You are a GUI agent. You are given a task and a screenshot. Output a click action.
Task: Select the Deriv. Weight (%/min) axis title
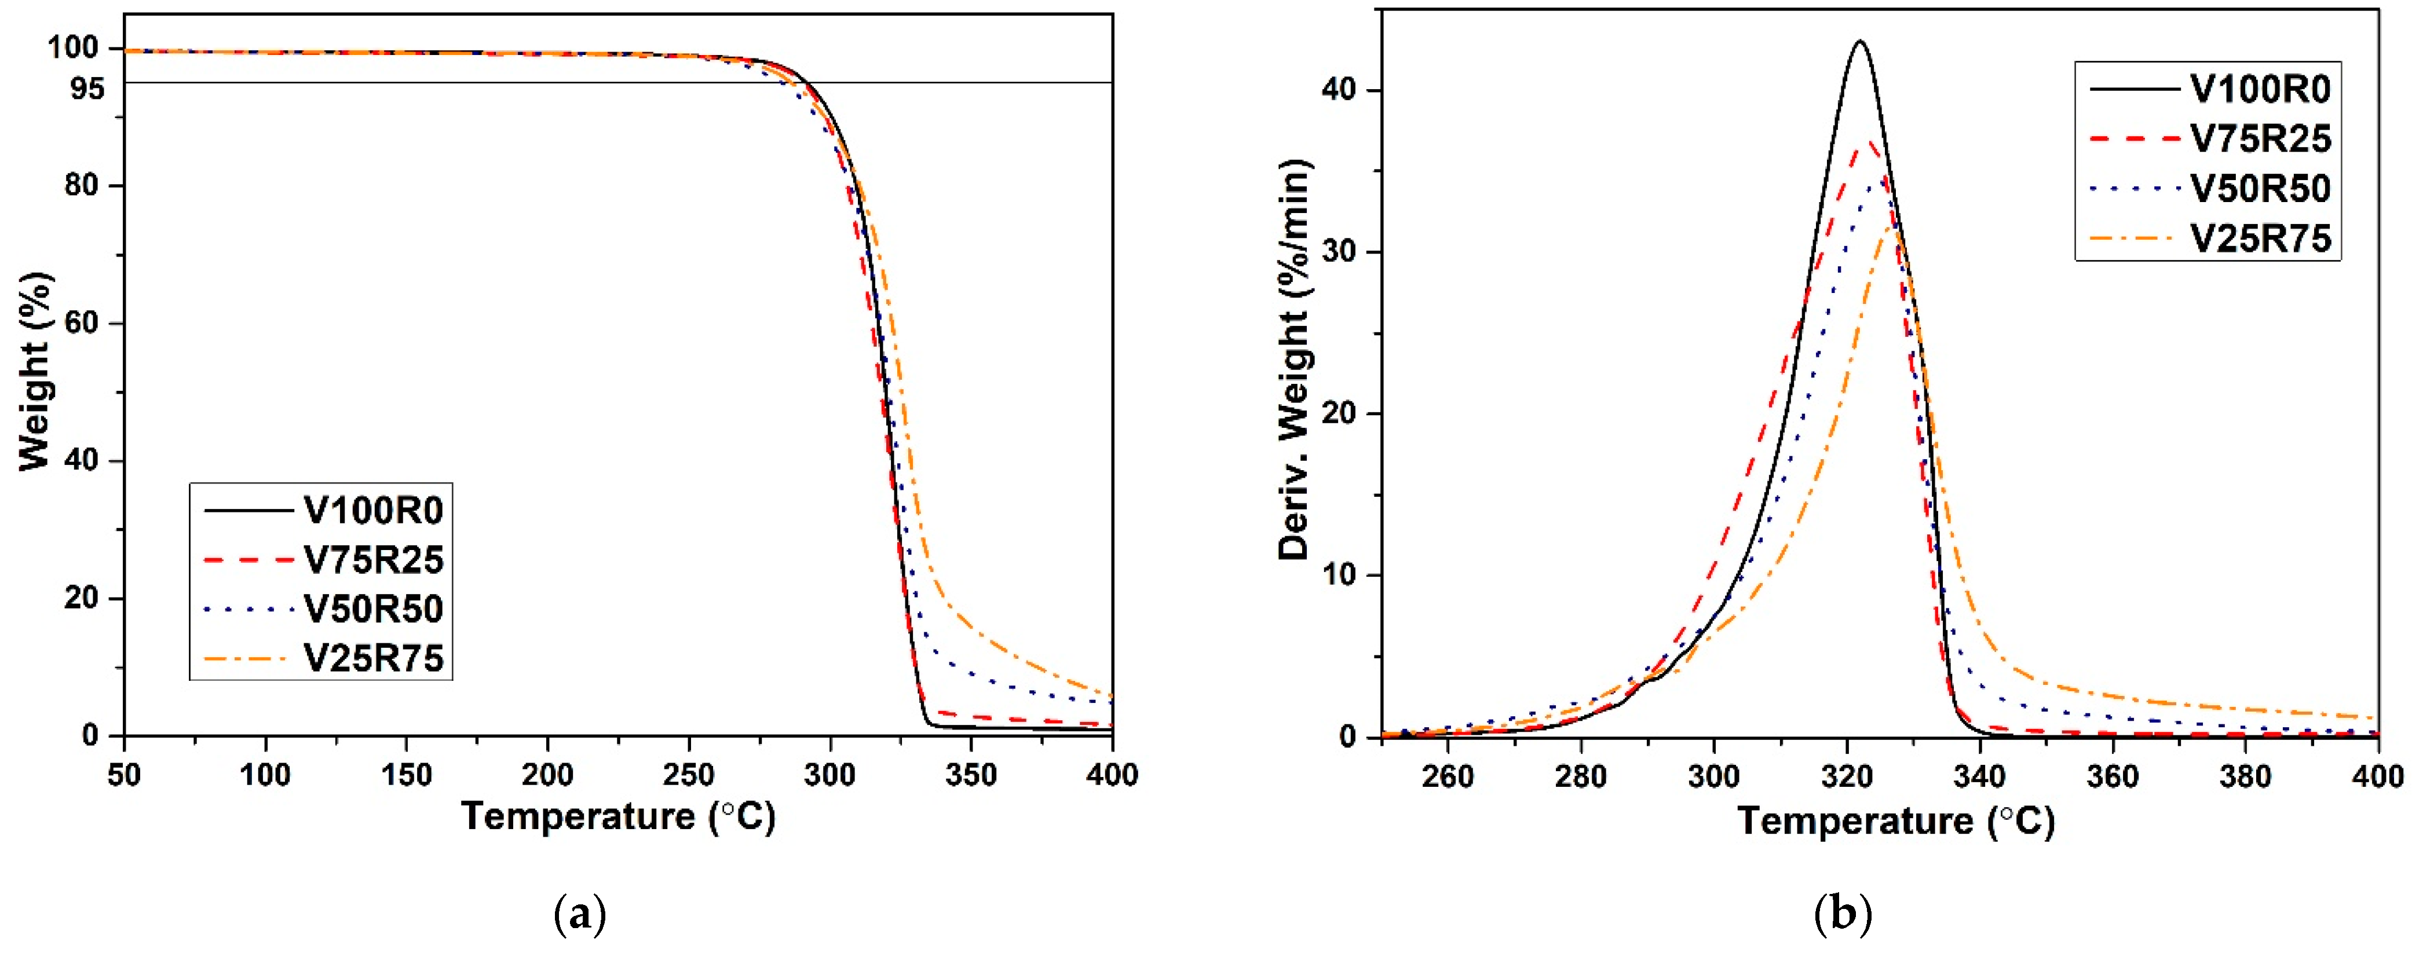tap(1295, 361)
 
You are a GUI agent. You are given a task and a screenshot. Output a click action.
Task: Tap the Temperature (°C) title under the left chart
tap(619, 818)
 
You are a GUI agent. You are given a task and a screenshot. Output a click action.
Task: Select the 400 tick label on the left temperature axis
tap(1112, 775)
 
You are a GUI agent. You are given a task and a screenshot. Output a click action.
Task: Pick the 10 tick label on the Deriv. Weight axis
tap(1341, 576)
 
